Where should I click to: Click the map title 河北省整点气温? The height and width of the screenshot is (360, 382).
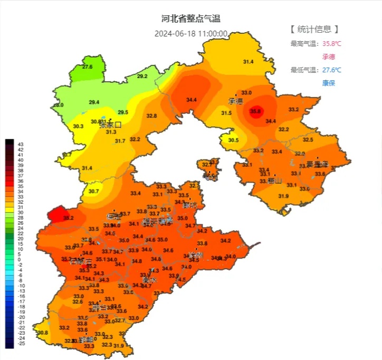click(190, 18)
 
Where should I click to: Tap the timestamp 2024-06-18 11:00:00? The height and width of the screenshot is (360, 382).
click(190, 34)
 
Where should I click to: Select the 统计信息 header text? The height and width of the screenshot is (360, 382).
click(314, 29)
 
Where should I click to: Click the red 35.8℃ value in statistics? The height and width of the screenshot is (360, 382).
click(332, 44)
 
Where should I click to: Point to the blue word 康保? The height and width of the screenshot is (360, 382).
click(329, 83)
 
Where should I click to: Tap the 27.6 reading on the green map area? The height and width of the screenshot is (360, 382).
click(87, 67)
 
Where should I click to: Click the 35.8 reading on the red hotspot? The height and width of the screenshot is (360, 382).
click(256, 111)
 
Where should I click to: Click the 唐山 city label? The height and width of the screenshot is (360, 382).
click(274, 181)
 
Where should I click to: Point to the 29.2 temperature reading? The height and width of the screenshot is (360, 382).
click(142, 77)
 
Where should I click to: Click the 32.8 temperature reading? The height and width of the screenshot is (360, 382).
click(152, 116)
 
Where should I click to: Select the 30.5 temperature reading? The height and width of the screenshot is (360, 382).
click(233, 140)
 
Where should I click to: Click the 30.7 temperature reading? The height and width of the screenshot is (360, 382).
click(93, 191)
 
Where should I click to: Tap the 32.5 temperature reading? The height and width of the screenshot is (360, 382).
click(308, 140)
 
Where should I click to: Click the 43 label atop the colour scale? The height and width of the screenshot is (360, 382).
click(21, 144)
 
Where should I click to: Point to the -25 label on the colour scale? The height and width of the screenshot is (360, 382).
click(21, 344)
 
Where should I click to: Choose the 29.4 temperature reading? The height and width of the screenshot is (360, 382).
click(94, 102)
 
